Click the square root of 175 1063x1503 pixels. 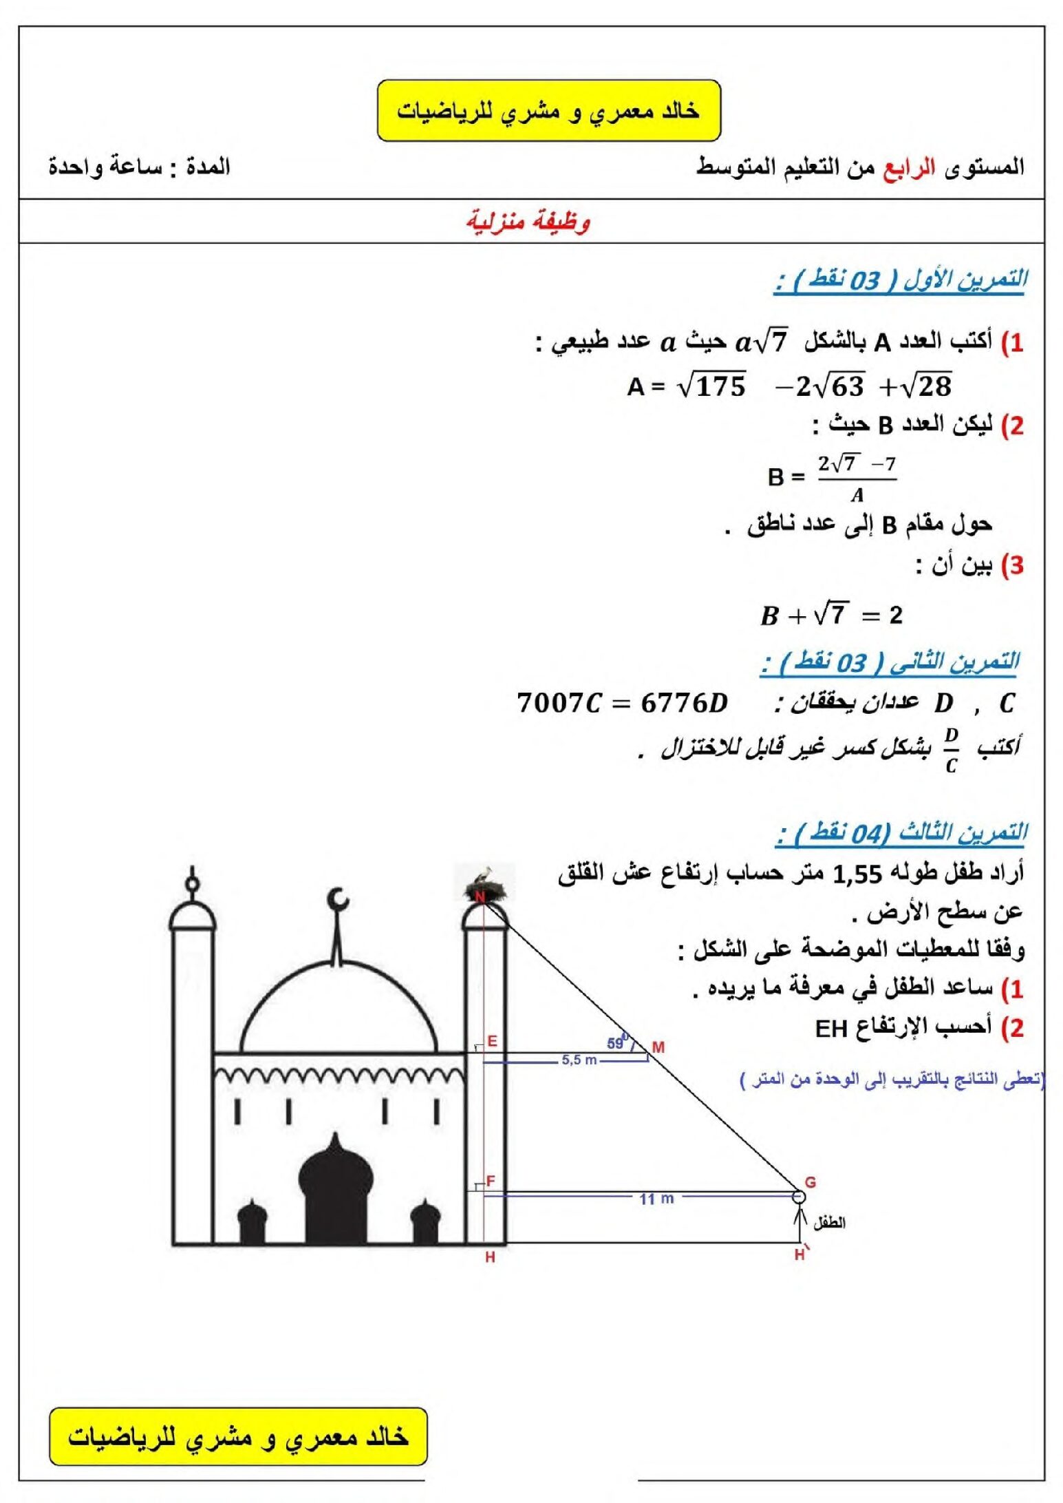[712, 386]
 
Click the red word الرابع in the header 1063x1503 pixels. [909, 167]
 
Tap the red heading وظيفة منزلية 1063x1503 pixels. [528, 222]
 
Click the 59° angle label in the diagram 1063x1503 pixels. [616, 1043]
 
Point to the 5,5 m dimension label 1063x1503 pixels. [579, 1060]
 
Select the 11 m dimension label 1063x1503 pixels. [656, 1199]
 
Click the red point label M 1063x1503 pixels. [658, 1047]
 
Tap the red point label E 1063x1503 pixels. [492, 1041]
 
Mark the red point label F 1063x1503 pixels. [491, 1181]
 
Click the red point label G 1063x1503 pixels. [810, 1182]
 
